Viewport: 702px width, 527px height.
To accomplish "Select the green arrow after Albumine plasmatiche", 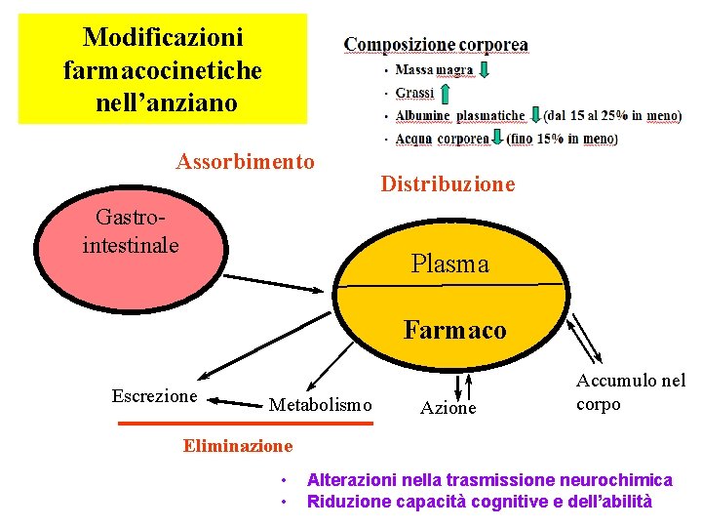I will coord(535,115).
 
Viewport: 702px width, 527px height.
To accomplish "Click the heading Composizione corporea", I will coord(436,45).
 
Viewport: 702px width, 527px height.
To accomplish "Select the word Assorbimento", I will coord(245,161).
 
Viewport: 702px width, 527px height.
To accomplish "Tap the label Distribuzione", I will coord(448,183).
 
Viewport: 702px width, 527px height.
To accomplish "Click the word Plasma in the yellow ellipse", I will coord(449,263).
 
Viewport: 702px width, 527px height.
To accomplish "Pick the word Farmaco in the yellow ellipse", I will coord(455,330).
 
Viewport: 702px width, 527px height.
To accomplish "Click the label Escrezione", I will coord(154,395).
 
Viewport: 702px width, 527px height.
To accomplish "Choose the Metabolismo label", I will coord(320,404).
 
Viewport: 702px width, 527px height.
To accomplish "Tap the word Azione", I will coord(448,408).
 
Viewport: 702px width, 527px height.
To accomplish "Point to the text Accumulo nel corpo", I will coord(630,392).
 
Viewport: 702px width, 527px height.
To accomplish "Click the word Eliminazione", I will coord(237,446).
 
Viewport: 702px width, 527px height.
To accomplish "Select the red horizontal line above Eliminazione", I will coord(245,424).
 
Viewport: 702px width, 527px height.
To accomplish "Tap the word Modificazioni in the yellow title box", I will coord(163,38).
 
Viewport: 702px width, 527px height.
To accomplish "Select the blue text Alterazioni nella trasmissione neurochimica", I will coord(489,480).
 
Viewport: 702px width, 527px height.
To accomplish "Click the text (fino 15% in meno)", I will coord(563,139).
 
